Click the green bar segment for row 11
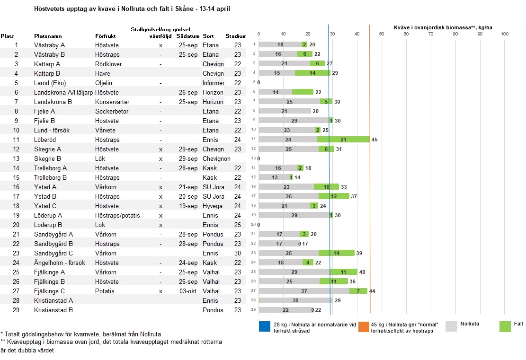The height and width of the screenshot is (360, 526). pyautogui.click(x=344, y=140)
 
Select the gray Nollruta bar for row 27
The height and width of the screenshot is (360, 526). pyautogui.click(x=304, y=291)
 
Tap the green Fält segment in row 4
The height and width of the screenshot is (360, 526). pyautogui.click(x=312, y=73)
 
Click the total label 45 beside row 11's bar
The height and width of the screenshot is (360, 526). pyautogui.click(x=374, y=140)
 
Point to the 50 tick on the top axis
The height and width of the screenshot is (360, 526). pyautogui.click(x=382, y=34)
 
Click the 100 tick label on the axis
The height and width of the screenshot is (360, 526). pyautogui.click(x=505, y=34)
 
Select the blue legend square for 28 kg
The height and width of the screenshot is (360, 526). pyautogui.click(x=265, y=326)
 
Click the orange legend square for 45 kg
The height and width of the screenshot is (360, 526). pyautogui.click(x=364, y=326)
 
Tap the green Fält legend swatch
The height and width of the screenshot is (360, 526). pyautogui.click(x=505, y=326)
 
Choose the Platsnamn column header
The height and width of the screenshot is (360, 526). pyautogui.click(x=48, y=36)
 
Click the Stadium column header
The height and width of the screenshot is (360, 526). pyautogui.click(x=235, y=36)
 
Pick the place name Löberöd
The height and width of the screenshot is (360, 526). pyautogui.click(x=45, y=140)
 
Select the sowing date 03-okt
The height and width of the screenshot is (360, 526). pyautogui.click(x=188, y=291)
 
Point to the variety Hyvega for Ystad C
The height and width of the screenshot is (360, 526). pyautogui.click(x=213, y=206)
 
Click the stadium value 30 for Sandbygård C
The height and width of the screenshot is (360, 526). pyautogui.click(x=238, y=254)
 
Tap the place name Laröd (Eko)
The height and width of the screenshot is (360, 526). pyautogui.click(x=50, y=83)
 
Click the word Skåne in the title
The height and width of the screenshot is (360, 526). pyautogui.click(x=184, y=9)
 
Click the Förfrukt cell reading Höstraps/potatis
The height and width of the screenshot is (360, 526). pyautogui.click(x=117, y=216)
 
